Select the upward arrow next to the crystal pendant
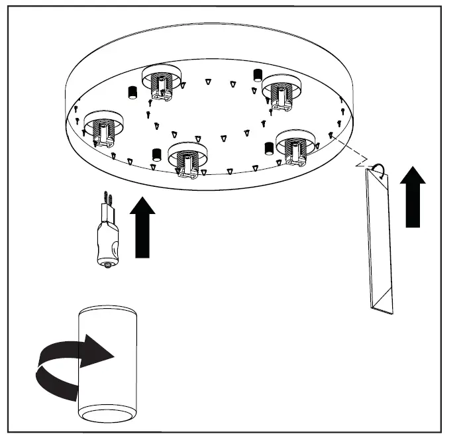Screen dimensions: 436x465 [x=413, y=197]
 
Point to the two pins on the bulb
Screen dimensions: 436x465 [x=107, y=198]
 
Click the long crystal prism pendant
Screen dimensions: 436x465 [x=378, y=239]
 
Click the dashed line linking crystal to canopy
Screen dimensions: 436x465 [x=348, y=150]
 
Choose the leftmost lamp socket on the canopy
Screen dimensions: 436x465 [x=101, y=127]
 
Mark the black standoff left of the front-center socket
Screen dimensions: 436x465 [x=157, y=154]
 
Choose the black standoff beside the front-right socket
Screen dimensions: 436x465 [x=270, y=147]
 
